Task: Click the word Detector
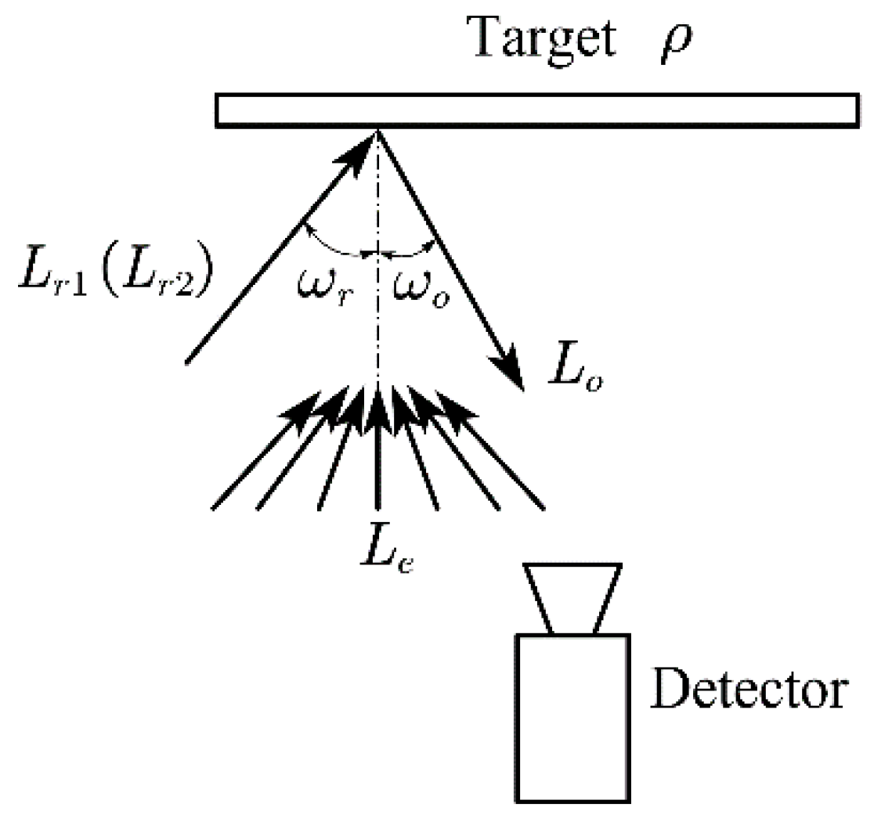[x=749, y=689]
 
